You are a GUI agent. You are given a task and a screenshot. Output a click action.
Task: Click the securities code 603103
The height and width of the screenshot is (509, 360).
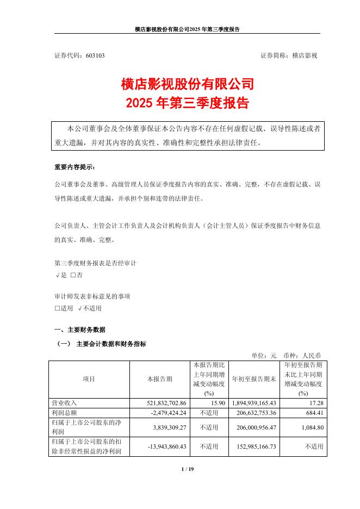click(95, 55)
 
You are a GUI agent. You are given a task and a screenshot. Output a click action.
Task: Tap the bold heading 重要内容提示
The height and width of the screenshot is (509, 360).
click(75, 166)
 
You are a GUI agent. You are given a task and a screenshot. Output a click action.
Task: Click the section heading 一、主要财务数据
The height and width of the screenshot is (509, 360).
click(80, 330)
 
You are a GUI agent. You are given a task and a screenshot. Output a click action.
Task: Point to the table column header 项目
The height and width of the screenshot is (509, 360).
click(89, 379)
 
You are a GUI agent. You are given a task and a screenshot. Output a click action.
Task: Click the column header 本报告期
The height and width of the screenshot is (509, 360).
click(160, 379)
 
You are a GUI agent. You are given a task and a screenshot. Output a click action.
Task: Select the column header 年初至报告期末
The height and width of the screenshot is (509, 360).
click(255, 379)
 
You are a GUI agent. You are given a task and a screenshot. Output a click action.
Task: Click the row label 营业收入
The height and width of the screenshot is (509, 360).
click(65, 404)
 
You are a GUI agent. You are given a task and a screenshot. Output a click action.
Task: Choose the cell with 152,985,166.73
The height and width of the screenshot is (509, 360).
click(255, 446)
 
